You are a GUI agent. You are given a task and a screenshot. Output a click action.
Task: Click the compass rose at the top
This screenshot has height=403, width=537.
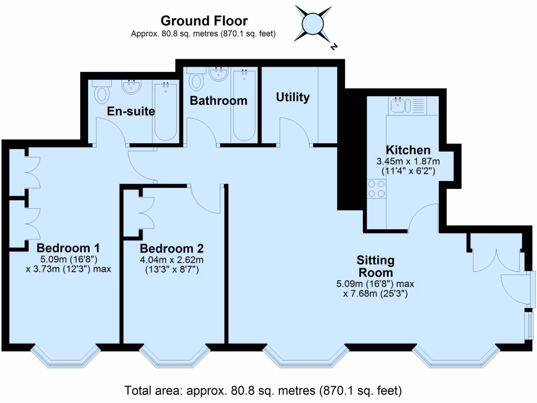314,24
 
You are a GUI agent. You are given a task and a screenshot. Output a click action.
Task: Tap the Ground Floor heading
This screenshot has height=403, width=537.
203,21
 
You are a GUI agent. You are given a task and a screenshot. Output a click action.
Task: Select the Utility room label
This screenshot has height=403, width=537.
293,97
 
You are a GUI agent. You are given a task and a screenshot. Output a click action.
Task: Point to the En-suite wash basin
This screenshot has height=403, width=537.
131,86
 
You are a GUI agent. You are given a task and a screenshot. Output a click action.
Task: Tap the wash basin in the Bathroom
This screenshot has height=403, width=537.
218,73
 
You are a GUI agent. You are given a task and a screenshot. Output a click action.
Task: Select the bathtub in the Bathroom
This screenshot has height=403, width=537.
244,105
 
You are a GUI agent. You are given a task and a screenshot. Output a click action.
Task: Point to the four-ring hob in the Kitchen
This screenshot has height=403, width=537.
376,188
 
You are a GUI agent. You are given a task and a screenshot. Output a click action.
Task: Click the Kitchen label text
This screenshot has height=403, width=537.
408,150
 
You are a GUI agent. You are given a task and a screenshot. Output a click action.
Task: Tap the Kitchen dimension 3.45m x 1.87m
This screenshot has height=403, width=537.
408,161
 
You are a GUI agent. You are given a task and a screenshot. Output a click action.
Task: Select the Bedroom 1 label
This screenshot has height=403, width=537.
69,248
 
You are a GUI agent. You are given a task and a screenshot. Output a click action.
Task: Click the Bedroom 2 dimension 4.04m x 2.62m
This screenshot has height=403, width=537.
172,260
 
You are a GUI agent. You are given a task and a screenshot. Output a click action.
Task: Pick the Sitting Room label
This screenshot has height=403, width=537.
375,266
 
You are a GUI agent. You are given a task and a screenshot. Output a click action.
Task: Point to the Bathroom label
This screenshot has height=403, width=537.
218,101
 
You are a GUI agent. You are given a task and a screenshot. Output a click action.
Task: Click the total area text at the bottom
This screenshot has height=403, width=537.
263,391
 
